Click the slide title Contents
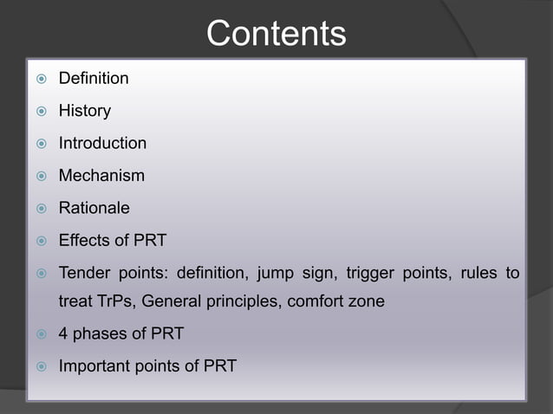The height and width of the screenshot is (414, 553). point(276,34)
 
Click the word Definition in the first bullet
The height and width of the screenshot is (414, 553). point(94,79)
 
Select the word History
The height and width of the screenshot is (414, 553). point(84,111)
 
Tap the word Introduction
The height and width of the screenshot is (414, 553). point(102,143)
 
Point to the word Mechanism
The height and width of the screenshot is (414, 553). point(101,176)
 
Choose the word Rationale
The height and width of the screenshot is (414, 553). point(94,208)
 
